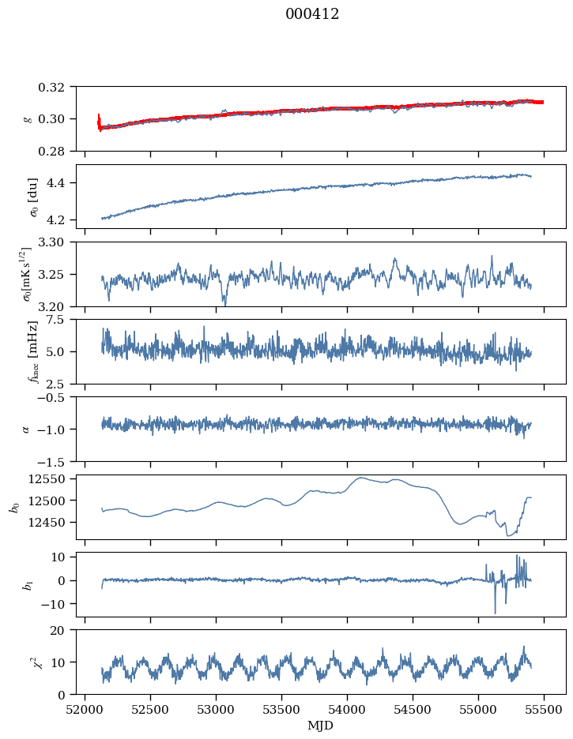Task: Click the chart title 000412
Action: tap(312, 14)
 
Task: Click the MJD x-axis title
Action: tap(321, 726)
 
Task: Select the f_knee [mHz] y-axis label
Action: tap(32, 351)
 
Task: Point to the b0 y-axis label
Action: tap(14, 507)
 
